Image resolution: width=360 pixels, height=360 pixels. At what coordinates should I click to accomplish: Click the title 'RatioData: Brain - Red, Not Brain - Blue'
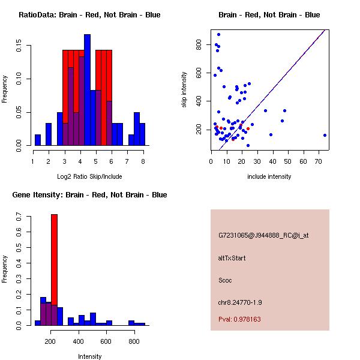(x=89, y=15)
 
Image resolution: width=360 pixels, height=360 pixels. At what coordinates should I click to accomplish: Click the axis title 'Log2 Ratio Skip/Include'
(x=89, y=176)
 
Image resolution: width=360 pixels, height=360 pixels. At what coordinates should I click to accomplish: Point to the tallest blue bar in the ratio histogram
(x=87, y=90)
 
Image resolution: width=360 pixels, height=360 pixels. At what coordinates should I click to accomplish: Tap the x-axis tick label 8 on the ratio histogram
(x=143, y=161)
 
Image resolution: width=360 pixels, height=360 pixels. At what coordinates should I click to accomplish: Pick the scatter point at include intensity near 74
(x=325, y=136)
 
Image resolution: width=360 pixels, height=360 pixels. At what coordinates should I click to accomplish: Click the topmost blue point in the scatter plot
(x=218, y=34)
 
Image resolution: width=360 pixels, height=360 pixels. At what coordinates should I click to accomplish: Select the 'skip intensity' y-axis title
(x=185, y=89)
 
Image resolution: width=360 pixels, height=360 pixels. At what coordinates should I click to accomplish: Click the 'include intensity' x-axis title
(x=269, y=176)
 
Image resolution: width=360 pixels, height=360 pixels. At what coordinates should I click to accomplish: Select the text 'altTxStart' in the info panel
(x=232, y=258)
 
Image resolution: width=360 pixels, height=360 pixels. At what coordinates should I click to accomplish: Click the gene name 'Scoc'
(x=226, y=280)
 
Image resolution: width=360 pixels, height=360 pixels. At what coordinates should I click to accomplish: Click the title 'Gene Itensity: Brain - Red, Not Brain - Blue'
(x=89, y=195)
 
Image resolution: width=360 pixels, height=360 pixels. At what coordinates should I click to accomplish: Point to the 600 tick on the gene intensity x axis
(x=106, y=341)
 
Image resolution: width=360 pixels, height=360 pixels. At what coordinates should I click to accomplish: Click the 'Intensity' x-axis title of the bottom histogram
(x=89, y=356)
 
